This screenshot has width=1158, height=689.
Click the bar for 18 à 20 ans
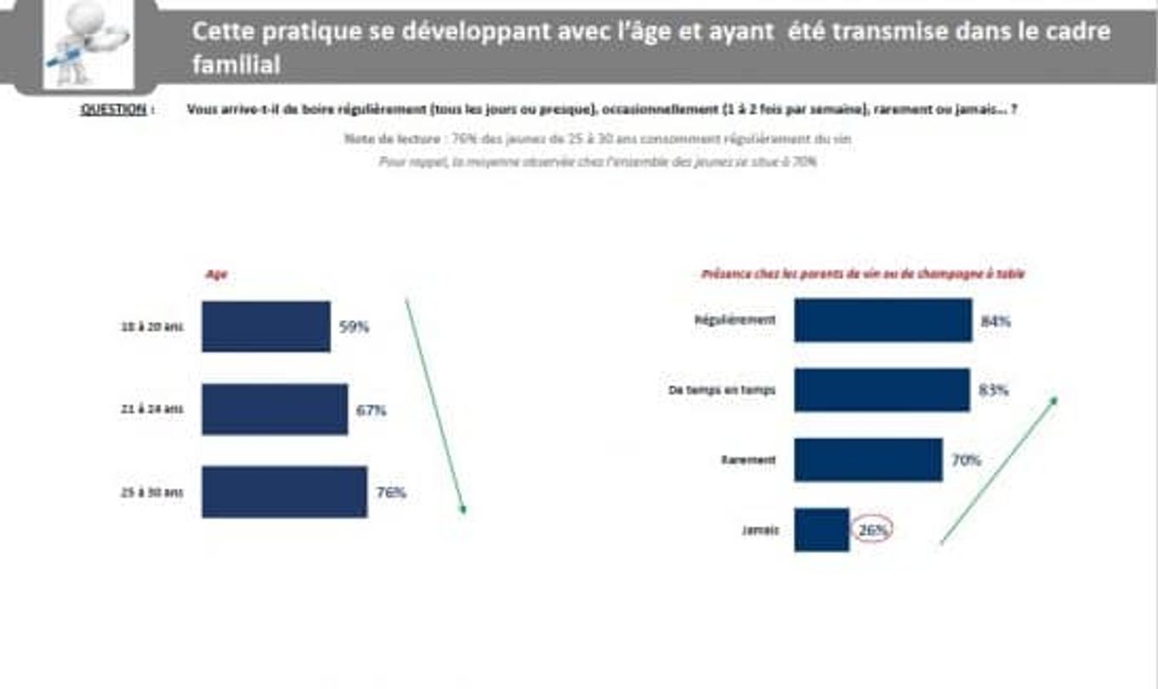(265, 326)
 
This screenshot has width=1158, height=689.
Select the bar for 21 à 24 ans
(275, 409)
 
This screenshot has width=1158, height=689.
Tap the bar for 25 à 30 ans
(284, 492)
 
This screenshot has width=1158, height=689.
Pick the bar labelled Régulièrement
(883, 321)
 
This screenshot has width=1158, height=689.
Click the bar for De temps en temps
(882, 390)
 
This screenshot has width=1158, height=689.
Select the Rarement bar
(868, 460)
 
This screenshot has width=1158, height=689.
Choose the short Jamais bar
(821, 530)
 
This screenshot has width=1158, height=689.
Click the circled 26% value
(872, 530)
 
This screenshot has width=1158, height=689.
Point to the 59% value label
(355, 327)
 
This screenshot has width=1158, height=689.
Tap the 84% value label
(996, 322)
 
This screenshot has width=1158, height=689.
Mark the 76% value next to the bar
(391, 493)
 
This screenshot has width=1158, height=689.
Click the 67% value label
(372, 410)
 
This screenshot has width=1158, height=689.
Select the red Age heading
(216, 275)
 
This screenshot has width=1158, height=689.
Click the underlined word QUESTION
(114, 110)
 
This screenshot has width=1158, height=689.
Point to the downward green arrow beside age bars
(435, 407)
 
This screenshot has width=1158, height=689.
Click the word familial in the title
(236, 65)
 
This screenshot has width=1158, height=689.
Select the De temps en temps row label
(721, 390)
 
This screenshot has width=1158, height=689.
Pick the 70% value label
(966, 460)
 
